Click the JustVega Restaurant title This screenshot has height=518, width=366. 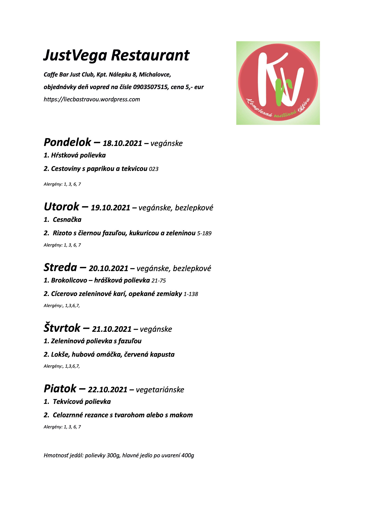click(116, 55)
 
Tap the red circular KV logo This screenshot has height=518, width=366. click(278, 83)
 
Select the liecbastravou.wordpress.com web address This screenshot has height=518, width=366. click(92, 99)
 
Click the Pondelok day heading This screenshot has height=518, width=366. click(67, 142)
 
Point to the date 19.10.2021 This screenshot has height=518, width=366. click(110, 208)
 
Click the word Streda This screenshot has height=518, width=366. click(60, 267)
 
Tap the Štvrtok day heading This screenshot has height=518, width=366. click(62, 328)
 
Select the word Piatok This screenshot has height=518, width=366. click(60, 389)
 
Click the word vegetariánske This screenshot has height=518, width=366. click(160, 390)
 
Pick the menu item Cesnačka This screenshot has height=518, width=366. click(67, 220)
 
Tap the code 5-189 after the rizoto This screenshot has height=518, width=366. click(204, 233)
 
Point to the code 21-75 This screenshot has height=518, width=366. click(159, 281)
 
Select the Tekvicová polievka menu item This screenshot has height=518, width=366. click(82, 402)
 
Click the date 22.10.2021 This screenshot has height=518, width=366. click(108, 390)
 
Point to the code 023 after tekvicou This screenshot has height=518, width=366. click(153, 169)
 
